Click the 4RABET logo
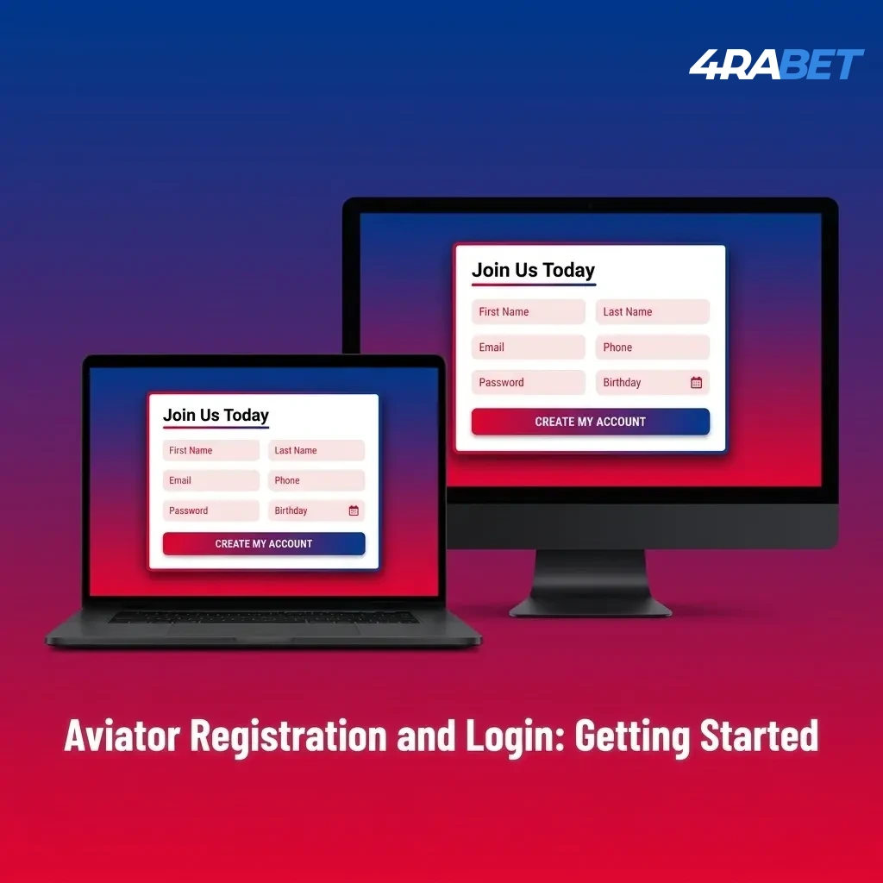pos(776,66)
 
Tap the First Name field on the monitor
pos(528,312)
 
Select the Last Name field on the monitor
pos(652,312)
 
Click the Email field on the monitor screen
pos(528,348)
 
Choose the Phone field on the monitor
pos(652,348)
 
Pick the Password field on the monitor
pos(528,383)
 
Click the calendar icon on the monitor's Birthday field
pos(697,383)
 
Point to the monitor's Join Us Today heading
pos(533,271)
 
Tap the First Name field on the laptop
pos(210,450)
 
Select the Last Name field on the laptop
pos(316,450)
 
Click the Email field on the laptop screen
pos(210,480)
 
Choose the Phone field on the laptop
pos(316,480)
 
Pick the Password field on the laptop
pos(210,510)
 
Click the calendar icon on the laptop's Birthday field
pos(354,510)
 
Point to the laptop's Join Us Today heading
pos(216,416)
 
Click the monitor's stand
pos(591,582)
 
